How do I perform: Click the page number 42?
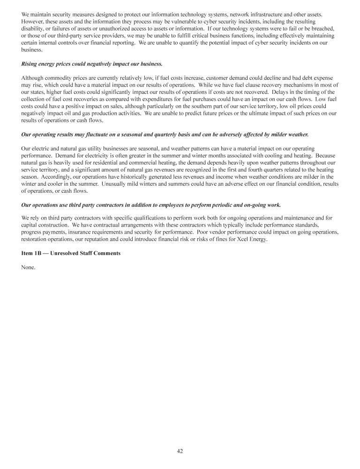[x=180, y=451]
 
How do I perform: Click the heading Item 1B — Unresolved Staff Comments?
[x=71, y=253]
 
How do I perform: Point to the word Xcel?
[x=243, y=238]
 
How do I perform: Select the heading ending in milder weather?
[x=165, y=135]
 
